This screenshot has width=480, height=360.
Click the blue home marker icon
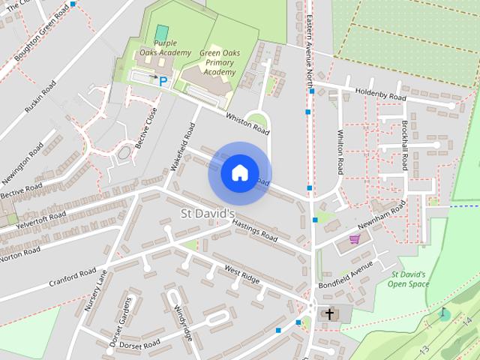[239, 173]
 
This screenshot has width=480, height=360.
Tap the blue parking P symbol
[163, 80]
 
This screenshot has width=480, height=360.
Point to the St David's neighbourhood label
[208, 214]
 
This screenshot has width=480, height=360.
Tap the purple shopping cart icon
[354, 239]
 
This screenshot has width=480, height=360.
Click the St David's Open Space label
[409, 279]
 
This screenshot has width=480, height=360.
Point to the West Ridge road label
[241, 274]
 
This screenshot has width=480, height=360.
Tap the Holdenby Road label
[380, 94]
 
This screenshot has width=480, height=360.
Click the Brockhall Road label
[404, 144]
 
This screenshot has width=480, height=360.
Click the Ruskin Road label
[40, 97]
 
